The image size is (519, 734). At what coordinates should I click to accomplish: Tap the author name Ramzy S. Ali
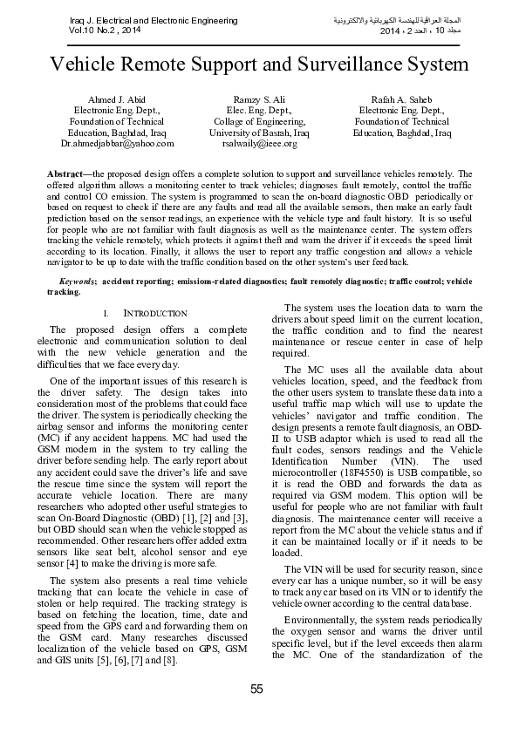tap(259, 100)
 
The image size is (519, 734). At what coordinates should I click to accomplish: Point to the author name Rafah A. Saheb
tap(401, 100)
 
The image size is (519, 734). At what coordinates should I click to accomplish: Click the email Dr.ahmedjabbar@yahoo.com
tap(117, 143)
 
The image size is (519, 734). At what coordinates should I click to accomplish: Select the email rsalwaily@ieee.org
tap(260, 143)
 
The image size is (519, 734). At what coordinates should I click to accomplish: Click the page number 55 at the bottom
tap(256, 690)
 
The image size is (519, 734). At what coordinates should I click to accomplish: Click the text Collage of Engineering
tap(259, 122)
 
